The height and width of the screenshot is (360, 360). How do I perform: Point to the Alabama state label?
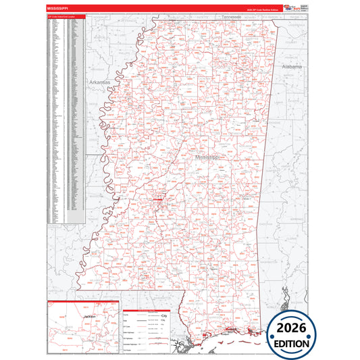[x=292, y=68]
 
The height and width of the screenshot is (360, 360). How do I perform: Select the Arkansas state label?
[x=99, y=82]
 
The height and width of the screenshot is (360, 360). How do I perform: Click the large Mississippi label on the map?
[x=207, y=156]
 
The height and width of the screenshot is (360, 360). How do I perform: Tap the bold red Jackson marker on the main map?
[x=159, y=201]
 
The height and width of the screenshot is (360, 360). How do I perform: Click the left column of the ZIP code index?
[x=57, y=122]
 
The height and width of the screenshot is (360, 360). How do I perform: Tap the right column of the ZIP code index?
[x=76, y=122]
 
